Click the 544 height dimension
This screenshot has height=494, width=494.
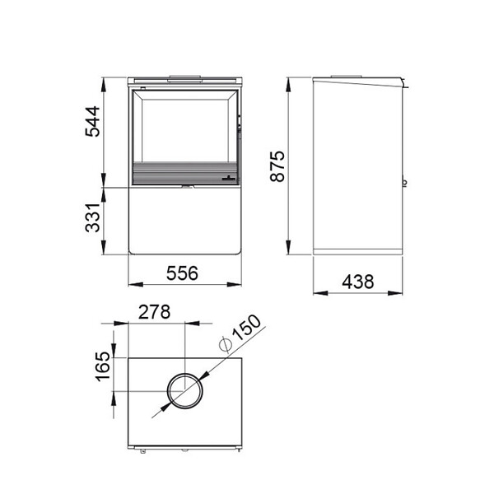92,122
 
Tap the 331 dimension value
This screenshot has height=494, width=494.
92,217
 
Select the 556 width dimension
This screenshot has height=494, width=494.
182,273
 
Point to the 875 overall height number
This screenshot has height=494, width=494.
277,166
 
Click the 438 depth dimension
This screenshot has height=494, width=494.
358,282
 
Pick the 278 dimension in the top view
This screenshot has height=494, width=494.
155,312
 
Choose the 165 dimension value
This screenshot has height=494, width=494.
103,366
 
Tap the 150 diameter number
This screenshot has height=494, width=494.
247,328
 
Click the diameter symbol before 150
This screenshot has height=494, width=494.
225,344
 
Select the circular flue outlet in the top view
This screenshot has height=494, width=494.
185,373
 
